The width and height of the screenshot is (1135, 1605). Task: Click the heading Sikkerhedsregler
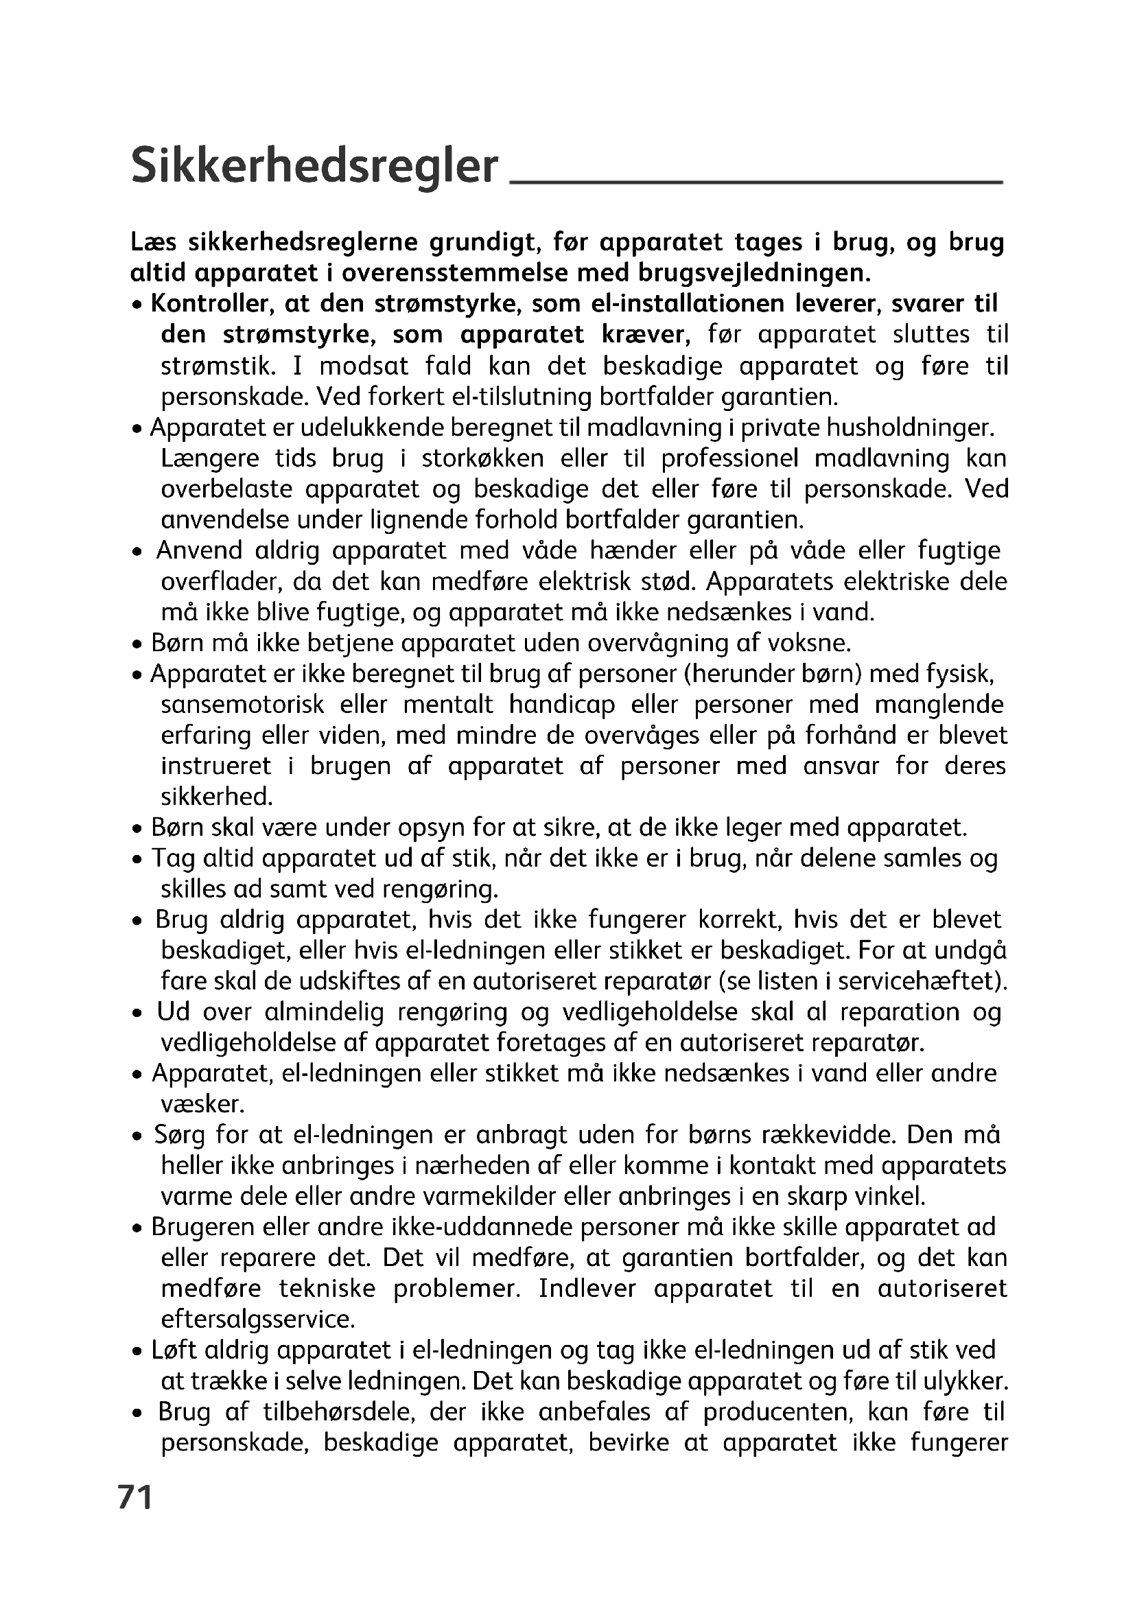pos(314,166)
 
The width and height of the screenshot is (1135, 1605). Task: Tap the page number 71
pos(135,1497)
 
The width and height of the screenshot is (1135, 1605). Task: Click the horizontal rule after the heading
pos(757,182)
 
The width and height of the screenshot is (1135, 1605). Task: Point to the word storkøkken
pos(483,458)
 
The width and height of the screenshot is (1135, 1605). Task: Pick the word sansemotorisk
pos(242,705)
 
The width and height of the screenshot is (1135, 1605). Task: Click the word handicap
pos(561,705)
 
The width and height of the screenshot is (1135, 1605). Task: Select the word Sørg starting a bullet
pos(179,1135)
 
